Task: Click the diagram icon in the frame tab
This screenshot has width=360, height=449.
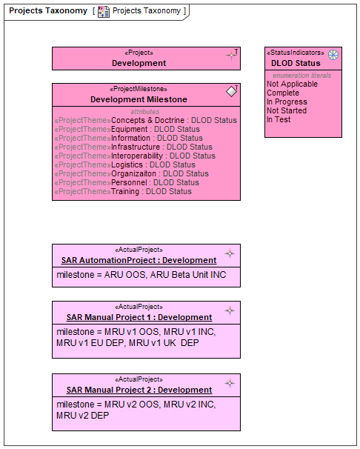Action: pos(103,11)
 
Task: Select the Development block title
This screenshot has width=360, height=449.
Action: pos(139,63)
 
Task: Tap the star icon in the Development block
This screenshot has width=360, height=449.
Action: pos(232,54)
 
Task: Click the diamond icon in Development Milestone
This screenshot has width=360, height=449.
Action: pos(232,91)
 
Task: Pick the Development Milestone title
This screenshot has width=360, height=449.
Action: pos(139,99)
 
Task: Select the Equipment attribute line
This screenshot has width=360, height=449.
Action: pos(127,129)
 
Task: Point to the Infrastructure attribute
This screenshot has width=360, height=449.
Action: pos(133,147)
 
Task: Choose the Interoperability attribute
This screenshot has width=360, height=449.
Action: pos(135,156)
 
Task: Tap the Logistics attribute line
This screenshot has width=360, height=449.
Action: pos(124,164)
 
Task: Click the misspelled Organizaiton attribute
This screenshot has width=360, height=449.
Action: pos(132,173)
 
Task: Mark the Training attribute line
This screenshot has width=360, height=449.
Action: pos(123,191)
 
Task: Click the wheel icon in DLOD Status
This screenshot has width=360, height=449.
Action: pos(333,55)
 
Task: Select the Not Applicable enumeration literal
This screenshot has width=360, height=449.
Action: pos(292,84)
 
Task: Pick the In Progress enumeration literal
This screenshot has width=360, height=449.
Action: pos(287,102)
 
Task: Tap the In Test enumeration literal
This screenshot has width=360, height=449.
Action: pos(279,119)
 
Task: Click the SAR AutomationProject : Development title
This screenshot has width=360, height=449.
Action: pos(139,260)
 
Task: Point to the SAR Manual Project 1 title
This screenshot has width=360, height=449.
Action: pos(139,317)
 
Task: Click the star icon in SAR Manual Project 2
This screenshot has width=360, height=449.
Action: pos(230,383)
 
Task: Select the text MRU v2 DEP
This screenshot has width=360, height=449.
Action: pos(83,415)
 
